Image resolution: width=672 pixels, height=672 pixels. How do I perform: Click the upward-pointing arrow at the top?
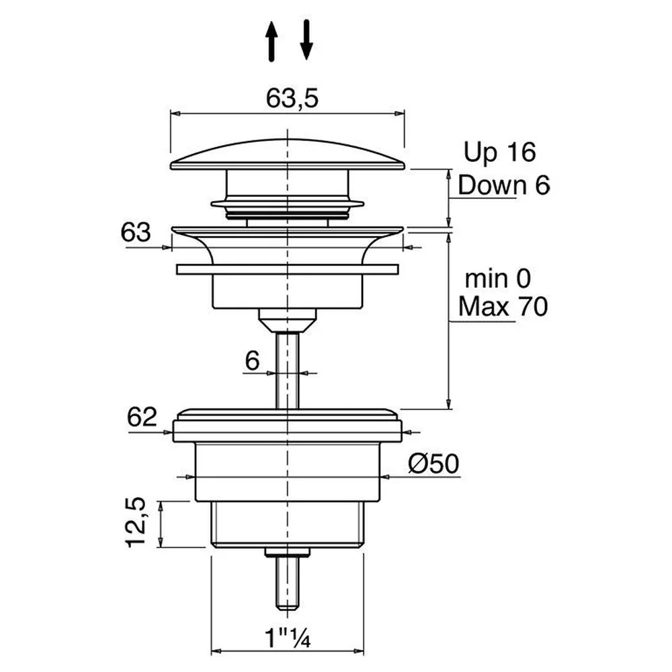point(271,42)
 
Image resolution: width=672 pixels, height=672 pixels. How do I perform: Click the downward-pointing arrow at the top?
point(306,40)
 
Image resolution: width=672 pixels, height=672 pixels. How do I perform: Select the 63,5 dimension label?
point(292,98)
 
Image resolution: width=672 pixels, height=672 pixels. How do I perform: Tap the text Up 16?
point(500,152)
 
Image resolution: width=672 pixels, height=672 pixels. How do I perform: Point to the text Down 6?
point(503,185)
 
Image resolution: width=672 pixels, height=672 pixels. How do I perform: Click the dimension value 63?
point(136,233)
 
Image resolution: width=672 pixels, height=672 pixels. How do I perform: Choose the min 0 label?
point(498,279)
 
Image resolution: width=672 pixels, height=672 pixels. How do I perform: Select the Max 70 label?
point(503,307)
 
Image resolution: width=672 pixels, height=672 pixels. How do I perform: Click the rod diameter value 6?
point(253,360)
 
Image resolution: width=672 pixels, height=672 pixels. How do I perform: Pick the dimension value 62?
point(142,417)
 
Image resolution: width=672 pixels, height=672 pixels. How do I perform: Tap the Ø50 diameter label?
point(433,464)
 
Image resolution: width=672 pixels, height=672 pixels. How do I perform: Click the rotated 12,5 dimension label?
point(136,522)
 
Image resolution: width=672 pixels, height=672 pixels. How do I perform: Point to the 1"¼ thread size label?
point(288,638)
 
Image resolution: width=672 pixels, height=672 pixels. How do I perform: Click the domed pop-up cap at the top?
point(288,155)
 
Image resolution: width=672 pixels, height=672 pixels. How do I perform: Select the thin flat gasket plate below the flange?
point(288,269)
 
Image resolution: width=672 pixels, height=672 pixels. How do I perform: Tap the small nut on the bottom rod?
point(287,552)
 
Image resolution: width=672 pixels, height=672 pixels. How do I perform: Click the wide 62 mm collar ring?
point(288,431)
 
